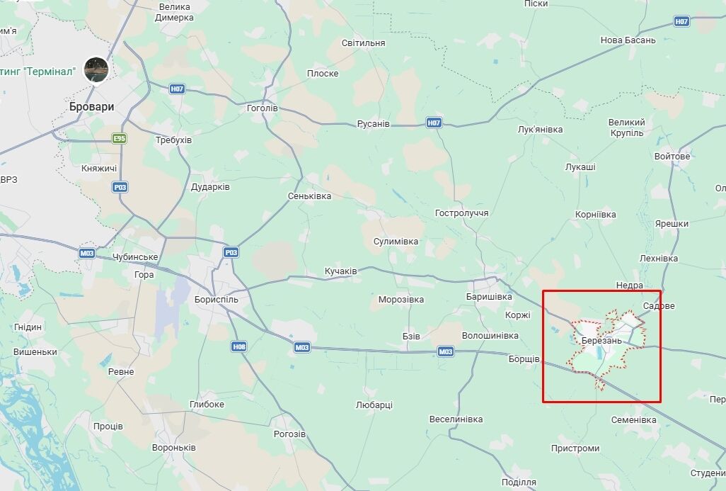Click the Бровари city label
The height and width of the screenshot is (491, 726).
point(92,106)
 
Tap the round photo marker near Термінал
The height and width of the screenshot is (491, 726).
point(96,69)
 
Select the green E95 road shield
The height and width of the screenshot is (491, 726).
point(119,138)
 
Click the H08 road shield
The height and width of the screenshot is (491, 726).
point(238,346)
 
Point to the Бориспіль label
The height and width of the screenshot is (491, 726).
point(217,299)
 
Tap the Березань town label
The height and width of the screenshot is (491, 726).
point(601,340)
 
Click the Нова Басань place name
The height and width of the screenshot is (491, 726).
point(628,40)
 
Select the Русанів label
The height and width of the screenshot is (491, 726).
point(373,123)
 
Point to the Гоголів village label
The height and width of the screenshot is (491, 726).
point(262,108)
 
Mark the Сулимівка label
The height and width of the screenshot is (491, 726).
point(396,241)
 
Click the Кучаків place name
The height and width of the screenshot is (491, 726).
point(340,271)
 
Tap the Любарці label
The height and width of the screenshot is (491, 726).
point(374,405)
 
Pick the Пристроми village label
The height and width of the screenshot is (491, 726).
point(575,448)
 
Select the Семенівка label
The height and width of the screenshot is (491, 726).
point(634,419)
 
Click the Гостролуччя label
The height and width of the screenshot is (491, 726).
point(461,213)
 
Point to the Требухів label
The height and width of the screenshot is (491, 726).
point(173,140)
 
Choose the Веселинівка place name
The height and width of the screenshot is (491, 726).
point(456,419)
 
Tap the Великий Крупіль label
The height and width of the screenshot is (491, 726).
point(626,128)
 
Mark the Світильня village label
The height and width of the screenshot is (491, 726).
point(363,43)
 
